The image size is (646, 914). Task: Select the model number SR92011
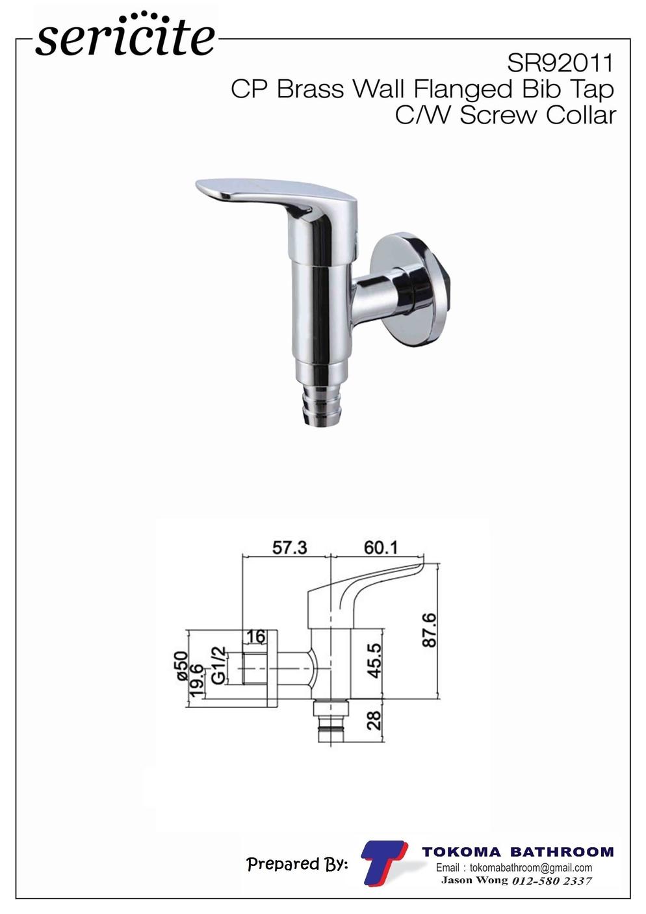[560, 64]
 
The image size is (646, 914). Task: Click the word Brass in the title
[310, 89]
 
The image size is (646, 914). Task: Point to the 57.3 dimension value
[290, 548]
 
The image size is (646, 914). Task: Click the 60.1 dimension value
[380, 548]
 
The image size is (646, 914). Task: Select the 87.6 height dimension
[429, 630]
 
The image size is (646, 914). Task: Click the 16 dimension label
[256, 636]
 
